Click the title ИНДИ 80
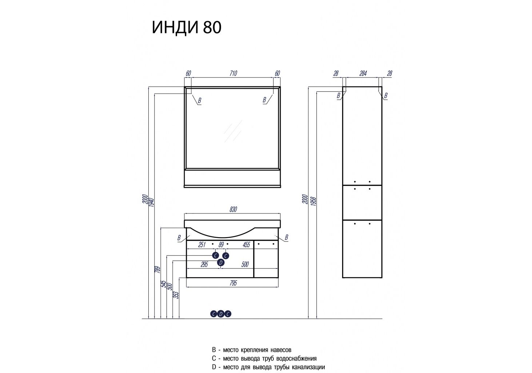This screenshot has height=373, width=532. click(187, 27)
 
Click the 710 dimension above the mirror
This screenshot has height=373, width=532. click(233, 73)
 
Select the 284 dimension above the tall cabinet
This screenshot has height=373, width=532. click(363, 73)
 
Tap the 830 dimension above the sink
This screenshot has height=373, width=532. click(233, 209)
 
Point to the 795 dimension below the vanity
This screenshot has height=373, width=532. click(233, 283)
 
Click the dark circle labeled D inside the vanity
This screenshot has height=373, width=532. click(221, 263)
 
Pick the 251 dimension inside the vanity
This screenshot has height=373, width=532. click(202, 245)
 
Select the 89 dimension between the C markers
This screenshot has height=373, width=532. click(221, 245)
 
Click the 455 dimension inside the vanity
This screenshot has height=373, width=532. click(246, 245)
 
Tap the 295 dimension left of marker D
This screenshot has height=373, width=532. click(204, 264)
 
